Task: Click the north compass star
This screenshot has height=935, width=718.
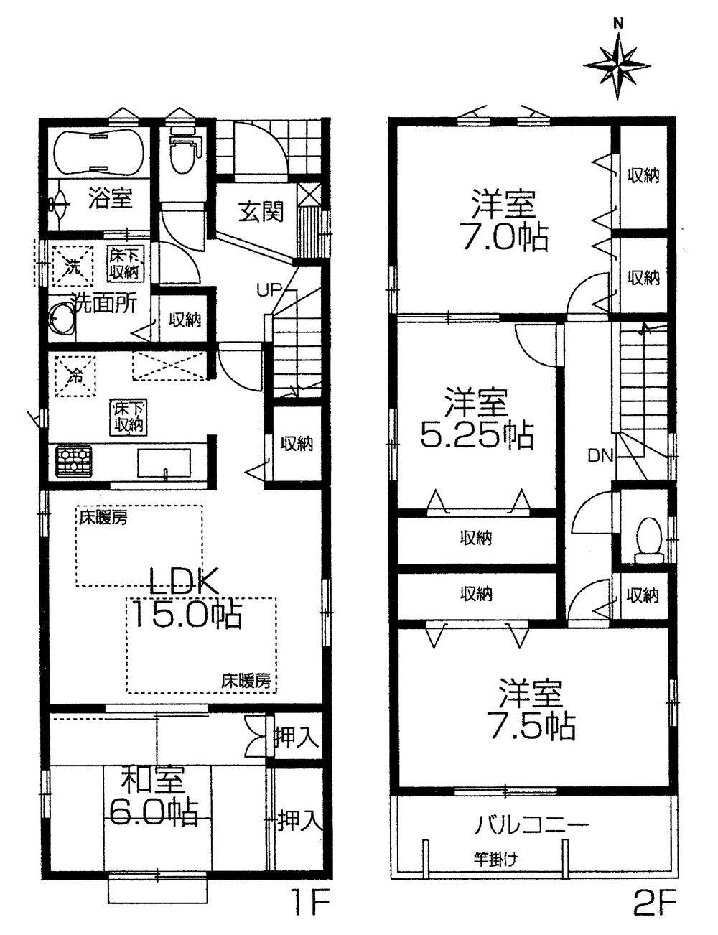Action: coord(618,64)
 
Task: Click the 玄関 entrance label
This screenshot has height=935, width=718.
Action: coord(261,211)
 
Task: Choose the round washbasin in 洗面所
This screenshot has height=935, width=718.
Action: coord(62,320)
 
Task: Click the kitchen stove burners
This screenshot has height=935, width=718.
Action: coord(71,460)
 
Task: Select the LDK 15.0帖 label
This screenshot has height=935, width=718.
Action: coord(185,598)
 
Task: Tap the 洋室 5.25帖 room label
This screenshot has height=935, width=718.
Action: coord(476,418)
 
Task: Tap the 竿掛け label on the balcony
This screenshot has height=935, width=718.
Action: coord(495,857)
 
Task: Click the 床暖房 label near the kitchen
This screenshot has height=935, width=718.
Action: coord(103,517)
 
